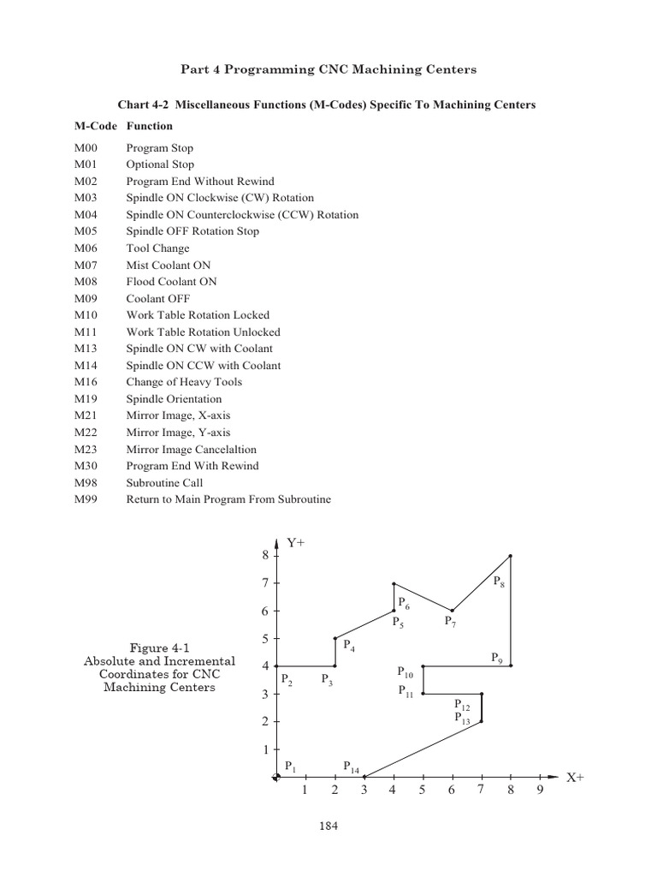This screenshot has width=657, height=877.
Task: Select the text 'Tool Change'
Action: coord(157,248)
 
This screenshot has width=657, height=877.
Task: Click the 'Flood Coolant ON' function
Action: coord(171,282)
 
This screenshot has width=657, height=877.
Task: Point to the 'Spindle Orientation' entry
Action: coord(174,399)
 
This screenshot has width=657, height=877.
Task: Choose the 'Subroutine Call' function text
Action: coord(164,483)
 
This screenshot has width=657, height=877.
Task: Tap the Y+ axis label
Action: coord(297,543)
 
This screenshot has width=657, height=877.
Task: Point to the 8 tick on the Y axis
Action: coord(264,555)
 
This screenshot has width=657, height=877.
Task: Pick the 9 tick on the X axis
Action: coord(540,790)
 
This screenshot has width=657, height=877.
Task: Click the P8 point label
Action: coord(500,583)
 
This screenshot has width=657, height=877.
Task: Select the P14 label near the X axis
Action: coord(351,767)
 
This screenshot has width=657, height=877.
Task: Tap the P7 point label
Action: coord(451,622)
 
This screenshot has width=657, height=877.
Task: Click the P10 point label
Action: coord(405,673)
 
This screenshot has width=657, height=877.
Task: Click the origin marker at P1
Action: coord(275,777)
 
